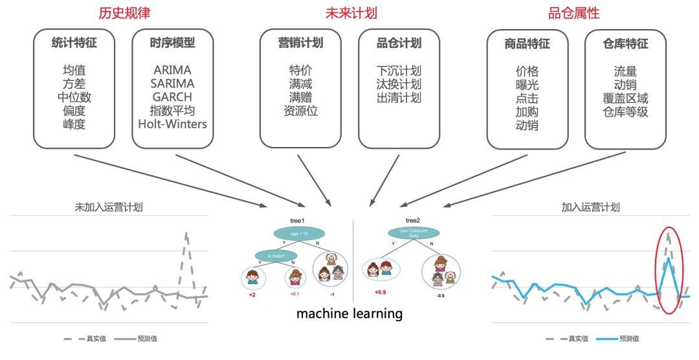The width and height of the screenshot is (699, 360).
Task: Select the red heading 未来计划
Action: pos(350,13)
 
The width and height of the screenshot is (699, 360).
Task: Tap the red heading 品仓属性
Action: pos(574,13)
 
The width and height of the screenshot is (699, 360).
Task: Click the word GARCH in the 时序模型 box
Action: pos(173,97)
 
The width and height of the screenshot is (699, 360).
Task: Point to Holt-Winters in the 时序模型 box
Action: pos(173,124)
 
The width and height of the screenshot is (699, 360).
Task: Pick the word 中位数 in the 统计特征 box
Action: pos(74,97)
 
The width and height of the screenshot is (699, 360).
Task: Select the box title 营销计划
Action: pos(300,43)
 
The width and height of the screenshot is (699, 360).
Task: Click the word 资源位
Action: pos(300,111)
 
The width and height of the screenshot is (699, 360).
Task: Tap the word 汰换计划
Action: pos(399,84)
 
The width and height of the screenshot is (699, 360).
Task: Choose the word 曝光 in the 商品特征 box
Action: pos(527,84)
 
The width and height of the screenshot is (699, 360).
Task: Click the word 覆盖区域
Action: pos(625,98)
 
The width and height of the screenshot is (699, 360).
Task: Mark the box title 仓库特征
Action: pos(625,43)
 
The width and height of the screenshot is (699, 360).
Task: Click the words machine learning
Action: pos(349,314)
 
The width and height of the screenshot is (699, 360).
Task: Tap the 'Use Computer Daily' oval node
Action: pos(413,232)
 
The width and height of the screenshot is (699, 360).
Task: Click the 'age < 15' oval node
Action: pos(299,234)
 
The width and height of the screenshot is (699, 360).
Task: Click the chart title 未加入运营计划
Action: pos(109,207)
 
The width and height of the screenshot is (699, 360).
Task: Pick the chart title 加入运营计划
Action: pos(590,207)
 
